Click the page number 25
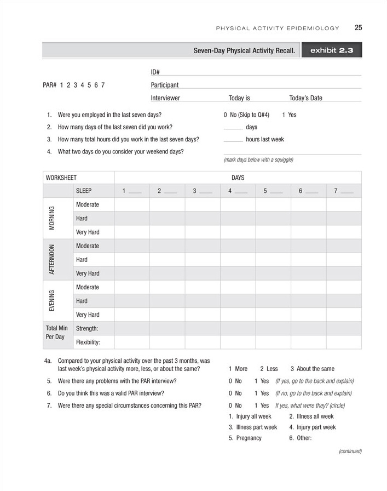(358, 28)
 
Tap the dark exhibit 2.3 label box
(332, 50)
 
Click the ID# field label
(155, 72)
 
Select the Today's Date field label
(305, 98)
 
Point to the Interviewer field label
(165, 98)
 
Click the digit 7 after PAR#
(102, 85)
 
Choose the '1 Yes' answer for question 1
(289, 115)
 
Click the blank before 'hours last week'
(233, 140)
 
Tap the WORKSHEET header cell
(61, 178)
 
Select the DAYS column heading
(238, 178)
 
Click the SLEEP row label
(83, 191)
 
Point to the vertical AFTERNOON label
(52, 259)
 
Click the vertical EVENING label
(52, 301)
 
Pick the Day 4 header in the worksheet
(238, 191)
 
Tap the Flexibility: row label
(88, 342)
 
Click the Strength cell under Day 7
(344, 329)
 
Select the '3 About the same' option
(312, 369)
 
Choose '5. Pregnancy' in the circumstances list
(245, 438)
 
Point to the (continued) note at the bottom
(350, 451)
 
